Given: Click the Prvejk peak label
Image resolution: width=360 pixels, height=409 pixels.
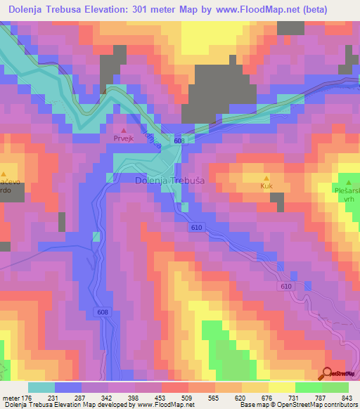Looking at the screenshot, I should tap(124, 139).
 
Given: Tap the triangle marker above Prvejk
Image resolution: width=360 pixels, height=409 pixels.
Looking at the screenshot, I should tap(124, 130).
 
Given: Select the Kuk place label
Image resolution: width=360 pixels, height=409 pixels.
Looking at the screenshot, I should tap(266, 186).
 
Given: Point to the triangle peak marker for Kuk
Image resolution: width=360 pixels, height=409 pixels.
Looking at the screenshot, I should tap(266, 178).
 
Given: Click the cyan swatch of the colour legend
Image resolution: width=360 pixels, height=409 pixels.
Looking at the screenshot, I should tap(41, 388).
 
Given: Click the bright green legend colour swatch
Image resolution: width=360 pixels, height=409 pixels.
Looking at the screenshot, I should tap(335, 388).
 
